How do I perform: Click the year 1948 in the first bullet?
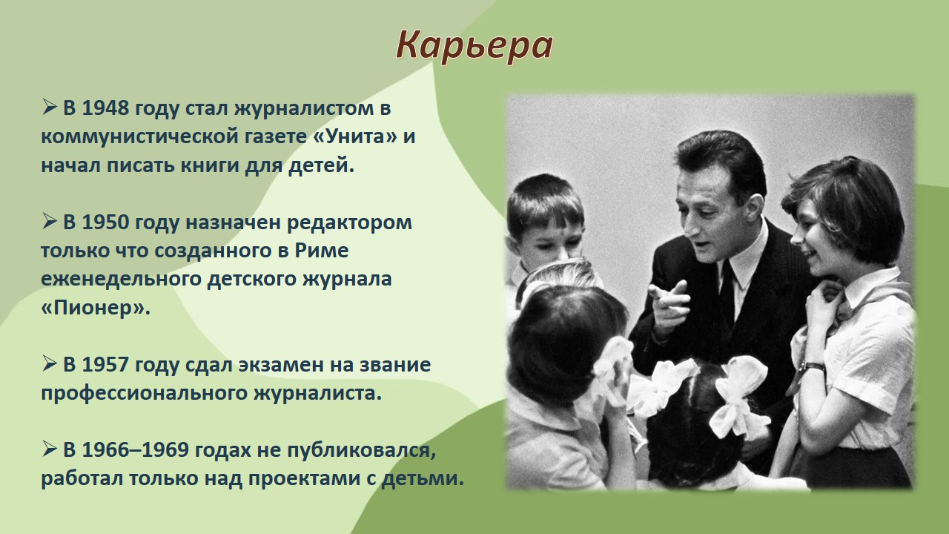pos(105,108)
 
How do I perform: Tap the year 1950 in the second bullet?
pos(105,222)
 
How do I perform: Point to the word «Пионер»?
pos(96,308)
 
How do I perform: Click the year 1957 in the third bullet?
pos(105,364)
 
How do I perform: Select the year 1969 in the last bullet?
pos(165,449)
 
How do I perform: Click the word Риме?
pos(322,251)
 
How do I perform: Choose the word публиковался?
pos(362,450)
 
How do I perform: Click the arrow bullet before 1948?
pos(49,107)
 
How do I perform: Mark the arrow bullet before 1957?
pos(49,363)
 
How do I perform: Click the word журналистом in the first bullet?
pos(304,109)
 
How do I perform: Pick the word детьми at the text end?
pos(423,478)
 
